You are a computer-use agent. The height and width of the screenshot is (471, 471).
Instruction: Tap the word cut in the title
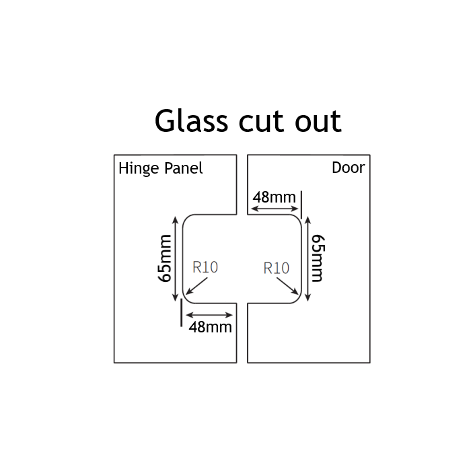[x=261, y=122]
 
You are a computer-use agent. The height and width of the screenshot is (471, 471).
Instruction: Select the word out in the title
[x=316, y=122]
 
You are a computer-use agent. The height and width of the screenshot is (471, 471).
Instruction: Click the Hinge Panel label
[x=161, y=168]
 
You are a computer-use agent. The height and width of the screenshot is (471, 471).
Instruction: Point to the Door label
[x=348, y=168]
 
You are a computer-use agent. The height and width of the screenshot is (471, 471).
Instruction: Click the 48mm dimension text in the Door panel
[x=274, y=197]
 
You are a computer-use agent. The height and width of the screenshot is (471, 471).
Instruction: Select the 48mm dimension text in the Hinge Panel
[x=211, y=327]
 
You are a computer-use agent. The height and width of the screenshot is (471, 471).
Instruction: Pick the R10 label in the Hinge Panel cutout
[x=205, y=267]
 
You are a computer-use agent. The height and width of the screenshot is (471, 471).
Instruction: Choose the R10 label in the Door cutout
[x=277, y=268]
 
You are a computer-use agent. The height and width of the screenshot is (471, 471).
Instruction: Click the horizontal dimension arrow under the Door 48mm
[x=274, y=210]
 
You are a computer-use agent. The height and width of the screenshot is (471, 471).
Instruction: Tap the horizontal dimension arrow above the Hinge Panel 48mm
[x=211, y=315]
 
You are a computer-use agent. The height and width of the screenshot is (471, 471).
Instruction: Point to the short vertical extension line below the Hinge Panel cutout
[x=181, y=313]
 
